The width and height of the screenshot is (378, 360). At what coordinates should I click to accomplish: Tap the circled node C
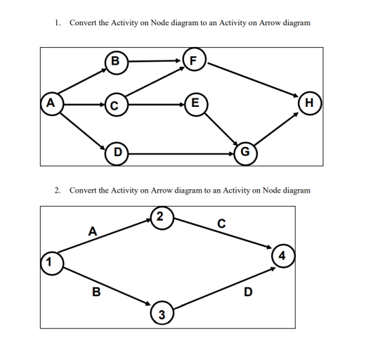click(115, 105)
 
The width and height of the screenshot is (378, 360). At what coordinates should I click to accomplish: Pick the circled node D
click(117, 150)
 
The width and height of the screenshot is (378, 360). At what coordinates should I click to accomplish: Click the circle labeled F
click(193, 59)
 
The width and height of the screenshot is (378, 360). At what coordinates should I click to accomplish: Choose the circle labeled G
click(244, 151)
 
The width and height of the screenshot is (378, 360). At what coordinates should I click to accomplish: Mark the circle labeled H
click(310, 105)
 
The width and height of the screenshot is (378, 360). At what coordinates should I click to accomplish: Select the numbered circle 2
click(161, 217)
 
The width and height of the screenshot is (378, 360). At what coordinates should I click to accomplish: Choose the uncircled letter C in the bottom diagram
click(221, 224)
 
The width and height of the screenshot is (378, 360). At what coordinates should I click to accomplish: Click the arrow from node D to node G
click(180, 151)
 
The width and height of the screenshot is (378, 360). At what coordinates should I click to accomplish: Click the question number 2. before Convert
click(58, 190)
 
